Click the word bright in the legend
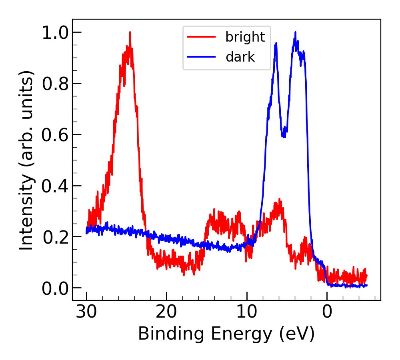tap(245, 37)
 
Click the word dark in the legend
tap(240, 57)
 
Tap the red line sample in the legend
tap(201, 37)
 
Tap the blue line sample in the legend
tap(201, 57)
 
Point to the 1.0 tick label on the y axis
tap(55, 32)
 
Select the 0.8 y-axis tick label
tap(55, 84)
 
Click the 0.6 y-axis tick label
tap(55, 135)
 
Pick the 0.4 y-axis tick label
tap(55, 186)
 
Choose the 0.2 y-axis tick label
tap(55, 237)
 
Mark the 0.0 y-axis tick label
tap(55, 288)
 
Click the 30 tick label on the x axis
tap(86, 312)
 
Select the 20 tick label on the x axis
tap(166, 312)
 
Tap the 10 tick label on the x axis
tap(247, 312)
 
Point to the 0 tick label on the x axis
tap(327, 312)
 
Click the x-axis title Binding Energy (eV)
tap(226, 334)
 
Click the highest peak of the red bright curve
tap(130, 33)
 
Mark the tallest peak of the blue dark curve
tap(296, 33)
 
